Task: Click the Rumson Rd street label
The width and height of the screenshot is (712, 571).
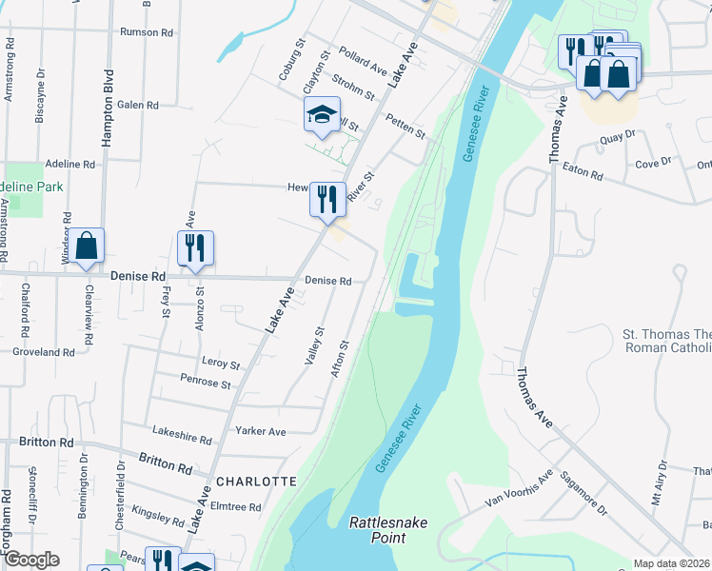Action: (x=146, y=31)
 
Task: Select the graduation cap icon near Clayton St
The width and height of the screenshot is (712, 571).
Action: (x=322, y=115)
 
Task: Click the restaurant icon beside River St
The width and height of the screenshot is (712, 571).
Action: (x=326, y=199)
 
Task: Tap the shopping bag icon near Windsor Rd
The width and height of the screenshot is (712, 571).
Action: (x=87, y=246)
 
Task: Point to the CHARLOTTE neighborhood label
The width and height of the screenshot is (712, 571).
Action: (x=256, y=482)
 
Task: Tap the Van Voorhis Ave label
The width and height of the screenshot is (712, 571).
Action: (x=519, y=489)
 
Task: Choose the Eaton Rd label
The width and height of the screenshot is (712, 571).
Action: (x=583, y=174)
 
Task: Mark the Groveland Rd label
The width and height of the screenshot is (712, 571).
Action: (x=44, y=351)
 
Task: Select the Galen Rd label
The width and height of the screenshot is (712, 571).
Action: (x=138, y=105)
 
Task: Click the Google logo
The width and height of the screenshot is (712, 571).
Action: (x=30, y=560)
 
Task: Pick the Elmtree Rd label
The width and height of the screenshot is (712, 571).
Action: (x=235, y=507)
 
